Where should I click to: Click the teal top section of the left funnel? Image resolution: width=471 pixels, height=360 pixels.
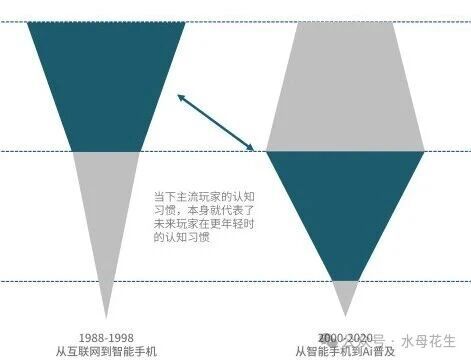(105, 80)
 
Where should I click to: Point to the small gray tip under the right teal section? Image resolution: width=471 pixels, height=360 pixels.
(344, 295)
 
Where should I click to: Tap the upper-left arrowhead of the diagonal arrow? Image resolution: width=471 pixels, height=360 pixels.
(180, 96)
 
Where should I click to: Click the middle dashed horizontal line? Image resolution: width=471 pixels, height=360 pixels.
(200, 152)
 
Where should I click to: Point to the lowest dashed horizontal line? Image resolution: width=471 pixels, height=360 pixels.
(200, 282)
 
